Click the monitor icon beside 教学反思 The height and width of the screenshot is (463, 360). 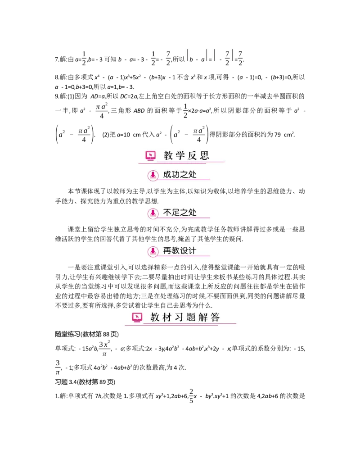[150, 156]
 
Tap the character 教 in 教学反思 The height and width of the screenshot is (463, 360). [168, 156]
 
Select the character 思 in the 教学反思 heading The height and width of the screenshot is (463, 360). [205, 156]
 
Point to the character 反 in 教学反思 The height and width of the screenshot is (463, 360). [193, 156]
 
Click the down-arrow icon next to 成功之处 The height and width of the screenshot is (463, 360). [153, 175]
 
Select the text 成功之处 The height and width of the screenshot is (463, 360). [180, 175]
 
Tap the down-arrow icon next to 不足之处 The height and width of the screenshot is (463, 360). [153, 213]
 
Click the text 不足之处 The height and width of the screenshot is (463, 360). [180, 213]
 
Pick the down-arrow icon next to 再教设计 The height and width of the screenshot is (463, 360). [153, 251]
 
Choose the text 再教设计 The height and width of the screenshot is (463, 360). [180, 250]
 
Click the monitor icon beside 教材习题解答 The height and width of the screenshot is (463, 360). [137, 318]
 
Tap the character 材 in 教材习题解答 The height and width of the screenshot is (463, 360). [167, 318]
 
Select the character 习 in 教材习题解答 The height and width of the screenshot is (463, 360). [179, 318]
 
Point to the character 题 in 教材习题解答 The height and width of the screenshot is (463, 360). [191, 318]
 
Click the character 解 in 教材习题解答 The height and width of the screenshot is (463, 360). [203, 318]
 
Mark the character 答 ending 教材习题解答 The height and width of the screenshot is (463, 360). [215, 318]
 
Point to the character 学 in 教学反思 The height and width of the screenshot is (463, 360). [180, 156]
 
